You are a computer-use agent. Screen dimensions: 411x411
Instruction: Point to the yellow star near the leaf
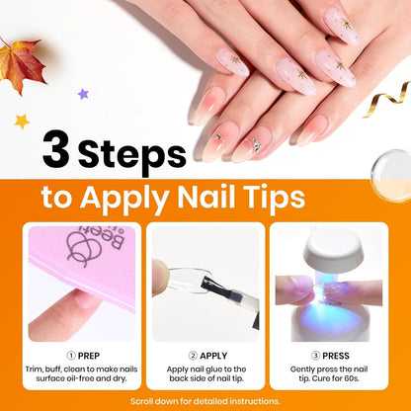coord(21,121)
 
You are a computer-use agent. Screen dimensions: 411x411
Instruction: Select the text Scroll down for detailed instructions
coord(205,401)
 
